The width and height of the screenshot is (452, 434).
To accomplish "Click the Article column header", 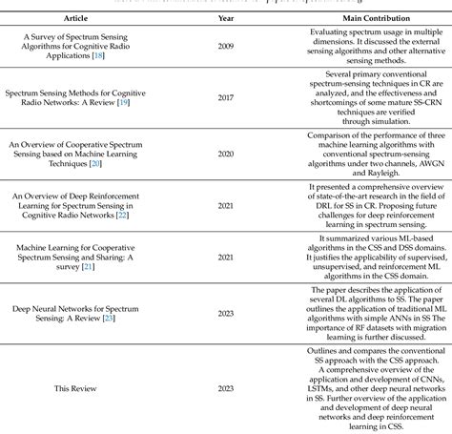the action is [x=76, y=17].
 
